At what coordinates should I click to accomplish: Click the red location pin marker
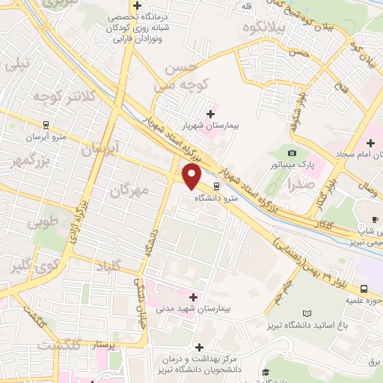coord(192,178)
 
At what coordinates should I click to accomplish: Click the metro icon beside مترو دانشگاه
coord(216,186)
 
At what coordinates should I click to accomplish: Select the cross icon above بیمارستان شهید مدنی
coord(194,296)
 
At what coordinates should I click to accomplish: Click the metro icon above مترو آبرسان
coord(46,126)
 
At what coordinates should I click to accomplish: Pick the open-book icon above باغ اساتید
coord(307,313)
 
